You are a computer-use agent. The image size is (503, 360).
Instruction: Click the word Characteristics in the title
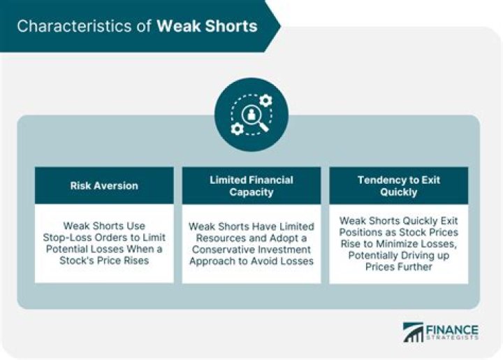pyautogui.click(x=74, y=26)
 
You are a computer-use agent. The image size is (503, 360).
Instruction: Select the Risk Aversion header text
pyautogui.click(x=104, y=186)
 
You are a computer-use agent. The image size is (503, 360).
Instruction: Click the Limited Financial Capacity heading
pyautogui.click(x=251, y=186)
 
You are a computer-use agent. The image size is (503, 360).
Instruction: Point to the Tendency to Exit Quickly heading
pyautogui.click(x=399, y=186)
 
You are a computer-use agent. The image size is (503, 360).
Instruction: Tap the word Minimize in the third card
pyautogui.click(x=397, y=244)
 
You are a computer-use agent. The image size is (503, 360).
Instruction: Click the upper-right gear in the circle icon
pyautogui.click(x=265, y=101)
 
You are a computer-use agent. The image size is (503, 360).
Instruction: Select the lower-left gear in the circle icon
pyautogui.click(x=237, y=129)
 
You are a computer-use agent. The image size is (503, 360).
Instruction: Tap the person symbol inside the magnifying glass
pyautogui.click(x=251, y=114)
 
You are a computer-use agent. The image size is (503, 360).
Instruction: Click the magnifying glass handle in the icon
pyautogui.click(x=263, y=127)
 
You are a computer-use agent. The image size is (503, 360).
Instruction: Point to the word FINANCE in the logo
pyautogui.click(x=452, y=330)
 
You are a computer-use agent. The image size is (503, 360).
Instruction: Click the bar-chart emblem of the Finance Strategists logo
pyautogui.click(x=413, y=332)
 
